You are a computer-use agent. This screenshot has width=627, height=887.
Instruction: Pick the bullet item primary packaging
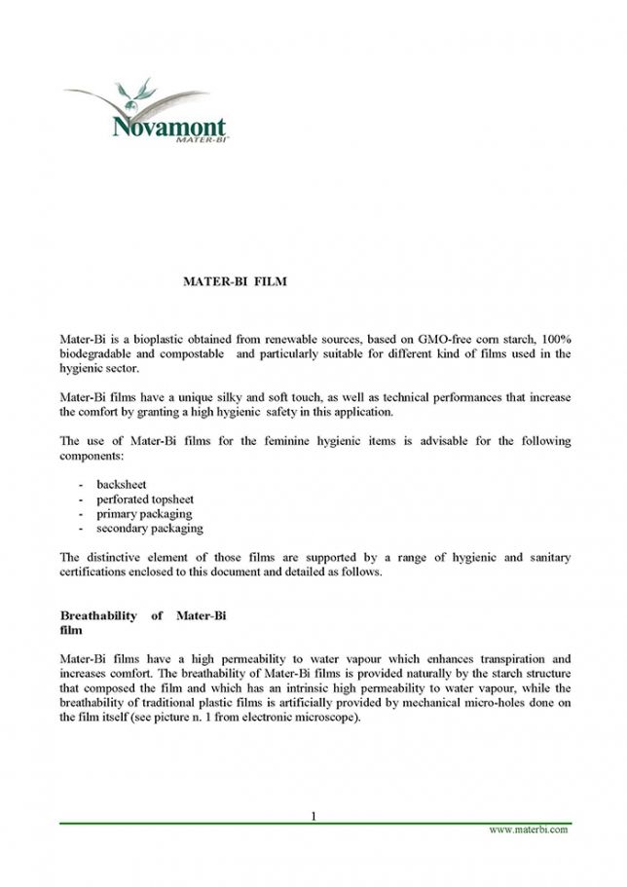[144, 513]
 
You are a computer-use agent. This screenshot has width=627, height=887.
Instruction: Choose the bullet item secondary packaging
[150, 528]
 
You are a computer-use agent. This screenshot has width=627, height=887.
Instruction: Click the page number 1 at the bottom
[314, 815]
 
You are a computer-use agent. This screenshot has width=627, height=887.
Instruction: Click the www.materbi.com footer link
[528, 830]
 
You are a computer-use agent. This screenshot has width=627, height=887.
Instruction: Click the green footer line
[313, 823]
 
